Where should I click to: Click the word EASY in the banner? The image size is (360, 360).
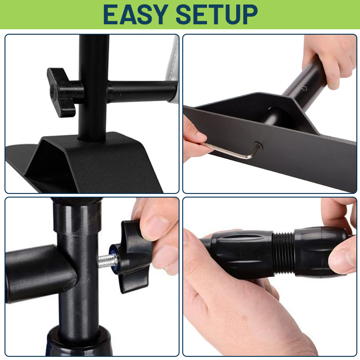click(136, 14)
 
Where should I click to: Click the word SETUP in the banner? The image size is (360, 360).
click(216, 14)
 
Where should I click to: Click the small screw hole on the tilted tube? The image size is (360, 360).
click(305, 88)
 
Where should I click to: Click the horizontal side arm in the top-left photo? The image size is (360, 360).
click(142, 91)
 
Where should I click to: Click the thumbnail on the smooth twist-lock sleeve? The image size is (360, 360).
click(342, 257)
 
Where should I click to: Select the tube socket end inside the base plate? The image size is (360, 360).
click(277, 117)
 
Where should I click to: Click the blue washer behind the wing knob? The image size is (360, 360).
click(113, 260)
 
